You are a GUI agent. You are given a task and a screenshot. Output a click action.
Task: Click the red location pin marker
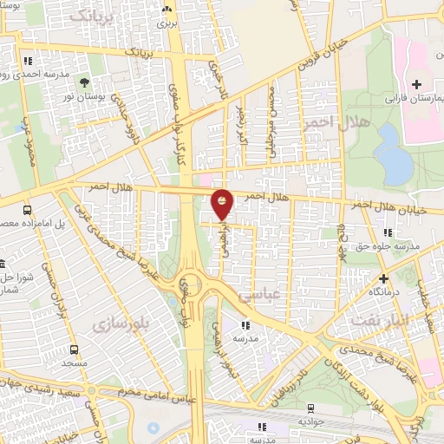tap(223, 205)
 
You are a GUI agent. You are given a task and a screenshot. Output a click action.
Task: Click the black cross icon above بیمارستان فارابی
tap(417, 84)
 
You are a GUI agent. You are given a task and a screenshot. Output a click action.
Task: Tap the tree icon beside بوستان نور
tap(84, 84)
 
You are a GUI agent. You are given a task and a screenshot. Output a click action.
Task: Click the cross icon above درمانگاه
tap(383, 277)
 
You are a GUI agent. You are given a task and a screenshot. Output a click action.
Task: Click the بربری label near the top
tap(166, 23)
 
